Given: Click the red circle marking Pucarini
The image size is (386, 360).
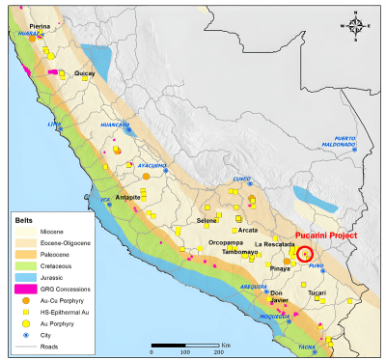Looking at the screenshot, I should click(x=305, y=255).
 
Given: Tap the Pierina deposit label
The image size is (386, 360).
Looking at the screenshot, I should click(x=40, y=28).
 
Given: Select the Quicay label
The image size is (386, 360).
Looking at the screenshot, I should click(x=85, y=73).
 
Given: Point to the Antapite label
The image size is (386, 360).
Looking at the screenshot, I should click(x=129, y=197).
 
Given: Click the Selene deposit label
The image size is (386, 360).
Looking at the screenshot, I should click(x=207, y=221).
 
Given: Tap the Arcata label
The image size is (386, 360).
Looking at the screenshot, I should click(x=247, y=230).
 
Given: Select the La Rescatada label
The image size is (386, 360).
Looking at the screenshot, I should click(x=274, y=245).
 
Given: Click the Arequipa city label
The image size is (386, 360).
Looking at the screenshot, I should click(x=253, y=287).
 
